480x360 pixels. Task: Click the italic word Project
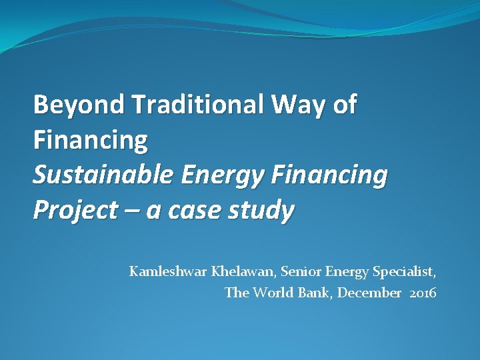pos(67,210)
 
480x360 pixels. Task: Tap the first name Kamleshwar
pos(169,271)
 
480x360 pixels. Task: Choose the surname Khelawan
pos(244,271)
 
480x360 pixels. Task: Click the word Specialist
pos(406,271)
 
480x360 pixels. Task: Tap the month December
pos(369,293)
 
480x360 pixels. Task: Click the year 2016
pos(423,293)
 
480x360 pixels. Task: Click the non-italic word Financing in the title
pos(90,140)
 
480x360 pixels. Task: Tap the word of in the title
pos(344,105)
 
